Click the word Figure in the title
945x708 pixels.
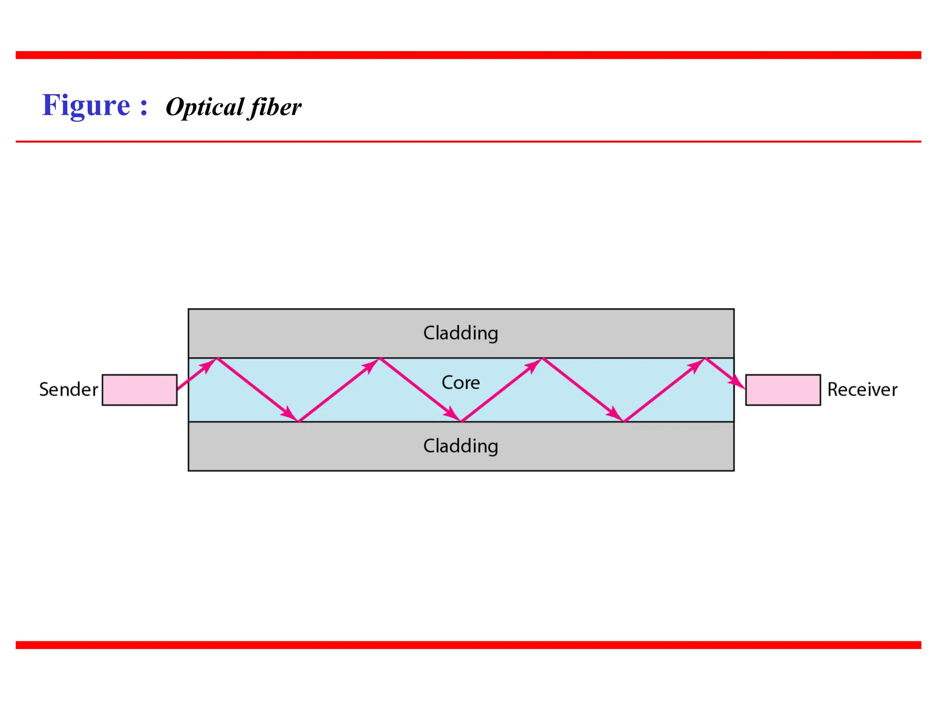click(86, 106)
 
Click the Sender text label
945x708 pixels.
click(68, 390)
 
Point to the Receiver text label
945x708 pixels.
click(862, 390)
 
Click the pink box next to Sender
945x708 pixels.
click(139, 390)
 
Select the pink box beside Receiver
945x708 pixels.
click(783, 390)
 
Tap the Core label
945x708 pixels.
click(461, 383)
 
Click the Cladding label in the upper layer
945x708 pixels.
click(461, 333)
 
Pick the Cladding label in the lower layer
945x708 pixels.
click(461, 446)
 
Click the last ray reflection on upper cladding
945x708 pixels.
click(706, 358)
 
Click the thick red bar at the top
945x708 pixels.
click(468, 55)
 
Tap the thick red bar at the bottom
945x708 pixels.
click(468, 645)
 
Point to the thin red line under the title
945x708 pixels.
click(468, 142)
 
